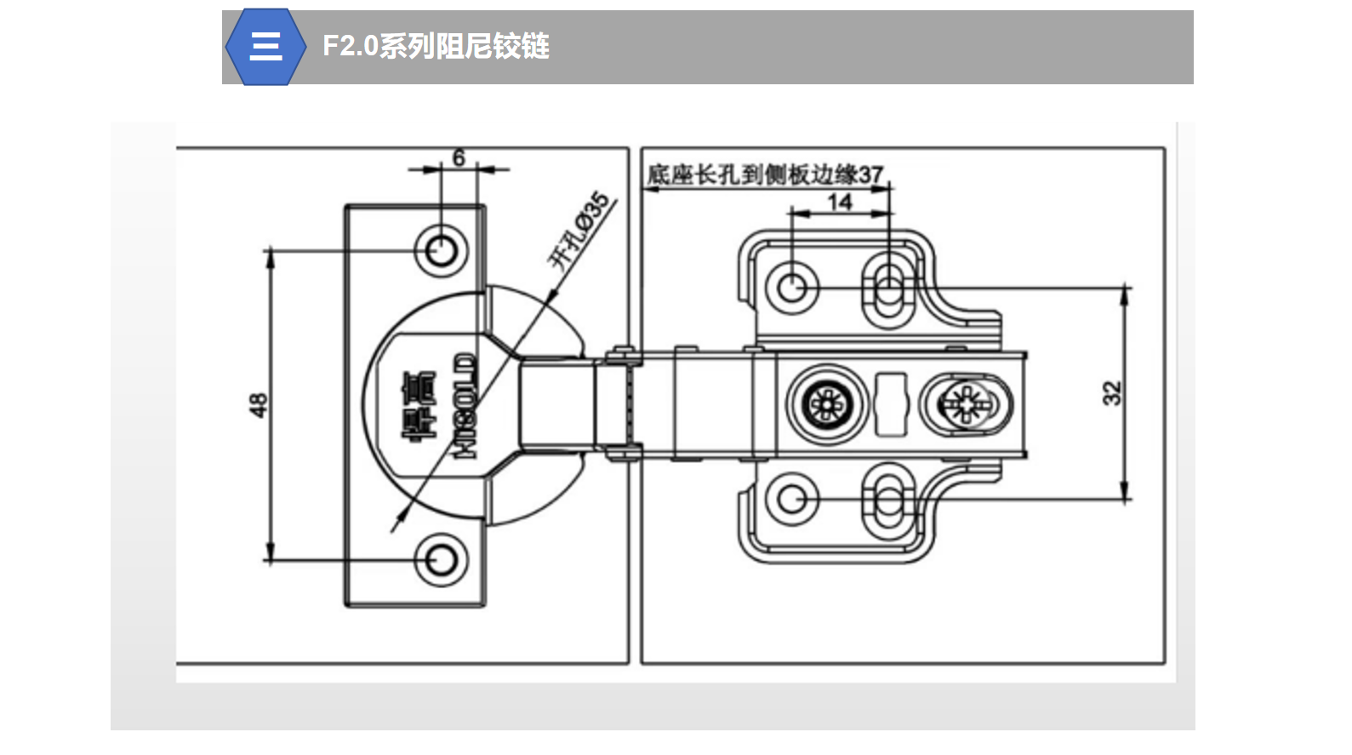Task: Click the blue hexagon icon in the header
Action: tap(265, 47)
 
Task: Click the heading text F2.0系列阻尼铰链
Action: tap(436, 46)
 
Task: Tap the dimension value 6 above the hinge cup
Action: tap(459, 157)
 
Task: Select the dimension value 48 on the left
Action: tap(258, 404)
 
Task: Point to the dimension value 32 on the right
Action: tap(1112, 393)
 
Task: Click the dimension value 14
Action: tap(840, 202)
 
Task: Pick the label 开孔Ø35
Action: tap(579, 231)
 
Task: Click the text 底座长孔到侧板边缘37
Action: tap(765, 174)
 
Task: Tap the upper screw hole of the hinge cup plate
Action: tap(441, 251)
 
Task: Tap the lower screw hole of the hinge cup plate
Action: tap(441, 560)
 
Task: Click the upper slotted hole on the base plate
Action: tap(887, 289)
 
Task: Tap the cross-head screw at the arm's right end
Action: tap(967, 403)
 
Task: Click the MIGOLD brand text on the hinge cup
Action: tap(466, 406)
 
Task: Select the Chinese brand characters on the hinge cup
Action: tap(419, 406)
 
